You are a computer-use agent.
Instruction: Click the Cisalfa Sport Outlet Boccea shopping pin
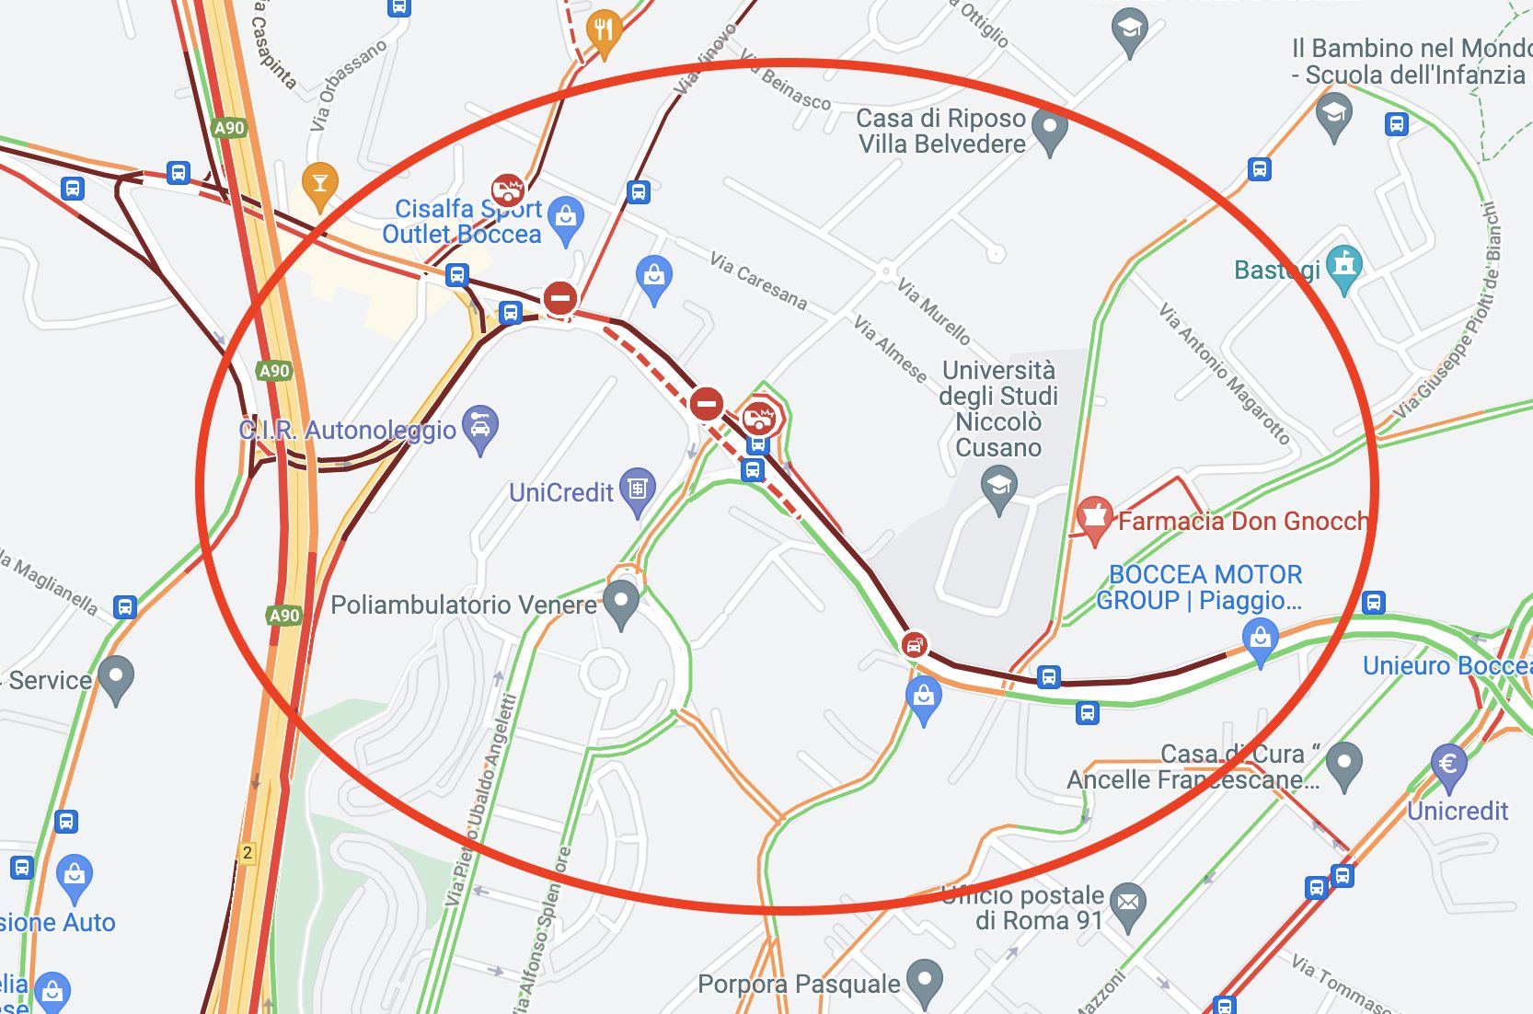(565, 218)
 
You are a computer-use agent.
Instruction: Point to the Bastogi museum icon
(1343, 267)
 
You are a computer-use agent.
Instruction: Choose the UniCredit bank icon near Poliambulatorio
(637, 489)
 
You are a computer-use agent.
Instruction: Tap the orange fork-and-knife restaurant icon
(604, 31)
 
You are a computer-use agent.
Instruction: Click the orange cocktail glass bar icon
(319, 183)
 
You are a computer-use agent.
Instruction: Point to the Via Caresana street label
(758, 281)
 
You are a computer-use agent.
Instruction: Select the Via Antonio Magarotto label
(1224, 373)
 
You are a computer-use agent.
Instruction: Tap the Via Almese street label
(890, 349)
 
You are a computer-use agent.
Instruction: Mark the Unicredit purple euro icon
(1448, 765)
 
